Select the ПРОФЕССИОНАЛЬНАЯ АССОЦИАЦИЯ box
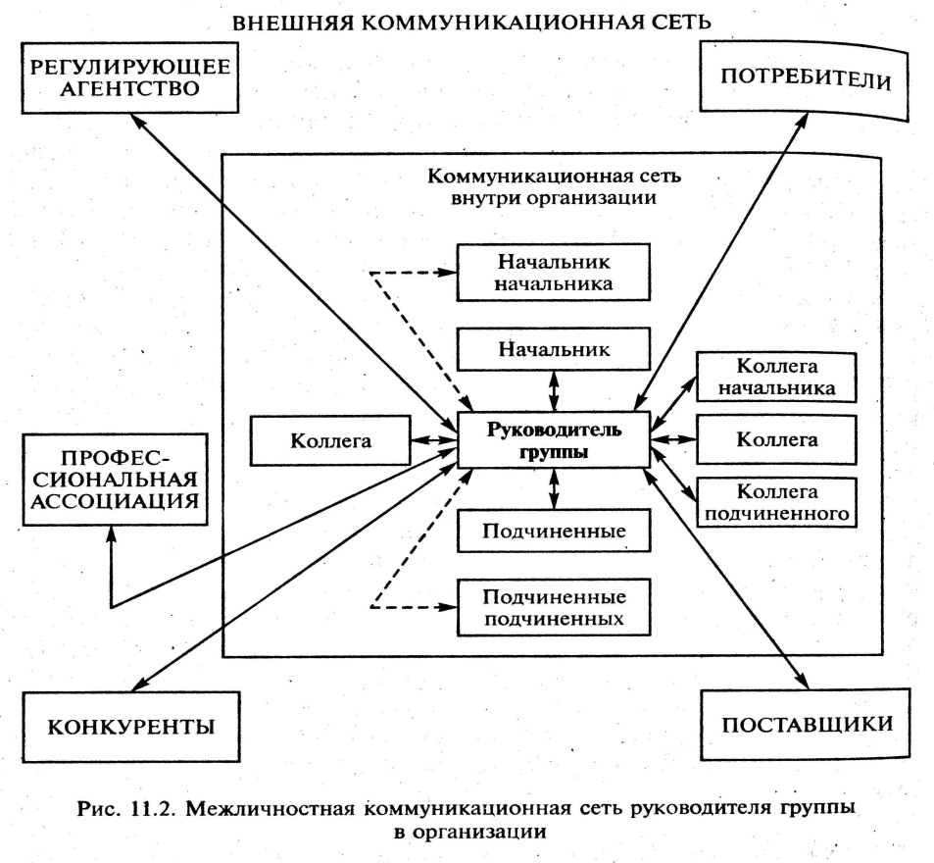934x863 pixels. (113, 481)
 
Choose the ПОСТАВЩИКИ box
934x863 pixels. (807, 726)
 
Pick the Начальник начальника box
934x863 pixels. (556, 273)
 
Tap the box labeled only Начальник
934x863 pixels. (556, 348)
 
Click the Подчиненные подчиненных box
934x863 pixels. (556, 607)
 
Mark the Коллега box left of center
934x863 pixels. (330, 440)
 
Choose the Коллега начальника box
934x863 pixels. (775, 376)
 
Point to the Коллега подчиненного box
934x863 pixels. (775, 501)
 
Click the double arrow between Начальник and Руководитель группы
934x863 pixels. (556, 391)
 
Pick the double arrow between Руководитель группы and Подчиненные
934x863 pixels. (556, 488)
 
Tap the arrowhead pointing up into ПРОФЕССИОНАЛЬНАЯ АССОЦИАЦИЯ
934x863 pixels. (112, 535)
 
